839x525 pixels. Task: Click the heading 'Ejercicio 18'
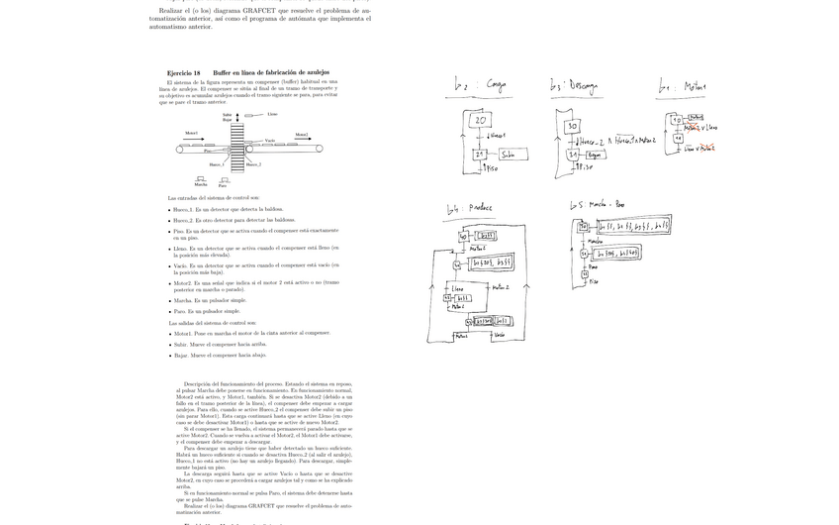point(183,73)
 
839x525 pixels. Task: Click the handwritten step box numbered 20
point(480,120)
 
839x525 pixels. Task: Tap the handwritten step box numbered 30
point(572,127)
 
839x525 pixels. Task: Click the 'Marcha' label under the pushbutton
point(201,184)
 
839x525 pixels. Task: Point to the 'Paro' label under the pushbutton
point(223,185)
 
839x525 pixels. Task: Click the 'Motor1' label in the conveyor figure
point(191,133)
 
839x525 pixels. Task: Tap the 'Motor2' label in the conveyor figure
point(302,134)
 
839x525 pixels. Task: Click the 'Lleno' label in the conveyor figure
point(272,114)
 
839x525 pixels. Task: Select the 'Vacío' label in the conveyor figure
point(270,140)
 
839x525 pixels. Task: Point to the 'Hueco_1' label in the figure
point(217,163)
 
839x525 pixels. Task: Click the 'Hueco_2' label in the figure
point(254,164)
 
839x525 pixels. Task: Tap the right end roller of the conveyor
point(319,149)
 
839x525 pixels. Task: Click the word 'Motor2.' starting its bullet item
point(183,282)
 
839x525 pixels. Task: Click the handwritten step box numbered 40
point(463,237)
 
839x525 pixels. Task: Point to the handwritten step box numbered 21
point(480,154)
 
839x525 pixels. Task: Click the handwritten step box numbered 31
point(572,155)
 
